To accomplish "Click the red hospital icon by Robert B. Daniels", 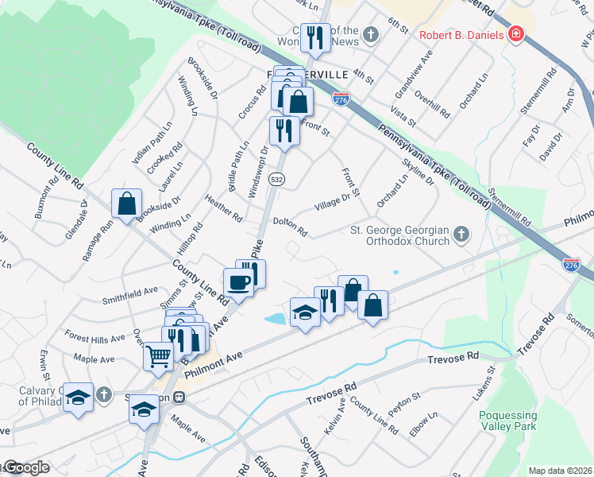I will pos(516,35).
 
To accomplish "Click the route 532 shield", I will pos(276,180).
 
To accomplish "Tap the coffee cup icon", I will pos(239,281).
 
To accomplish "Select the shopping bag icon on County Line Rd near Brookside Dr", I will pos(126,204).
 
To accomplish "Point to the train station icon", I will pos(179,397).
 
